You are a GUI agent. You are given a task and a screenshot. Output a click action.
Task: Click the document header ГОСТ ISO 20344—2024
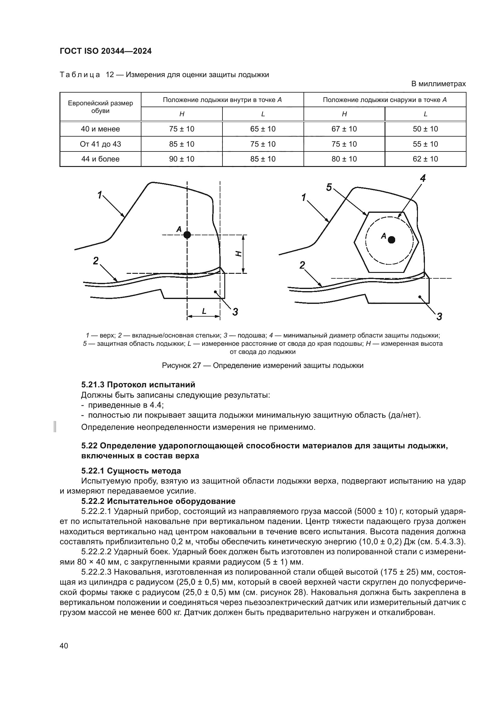pos(106,51)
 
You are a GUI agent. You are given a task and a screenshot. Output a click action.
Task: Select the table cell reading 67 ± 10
pos(344,129)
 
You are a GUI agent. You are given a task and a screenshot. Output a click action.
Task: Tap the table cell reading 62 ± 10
pos(425,159)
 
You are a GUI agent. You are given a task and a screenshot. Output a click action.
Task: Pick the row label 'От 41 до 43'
pos(100,144)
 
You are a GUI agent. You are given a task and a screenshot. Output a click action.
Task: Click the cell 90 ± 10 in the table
pos(182,159)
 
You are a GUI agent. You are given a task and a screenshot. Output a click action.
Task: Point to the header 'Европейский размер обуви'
pos(100,107)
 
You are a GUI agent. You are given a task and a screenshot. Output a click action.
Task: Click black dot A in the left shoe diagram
pos(187,235)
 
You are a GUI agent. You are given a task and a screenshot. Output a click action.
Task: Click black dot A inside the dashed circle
pos(392,240)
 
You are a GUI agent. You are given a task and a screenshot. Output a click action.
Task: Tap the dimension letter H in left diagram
pos(238,254)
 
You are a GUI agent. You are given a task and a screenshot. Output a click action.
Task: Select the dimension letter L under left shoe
pos(204,311)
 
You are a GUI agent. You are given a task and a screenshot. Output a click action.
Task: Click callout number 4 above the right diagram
pos(422,178)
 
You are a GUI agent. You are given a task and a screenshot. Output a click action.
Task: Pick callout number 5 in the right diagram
pos(329,187)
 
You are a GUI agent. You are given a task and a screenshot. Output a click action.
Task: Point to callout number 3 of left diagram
pos(235,312)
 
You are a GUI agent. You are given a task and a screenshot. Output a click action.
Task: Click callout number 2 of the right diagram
pos(302,265)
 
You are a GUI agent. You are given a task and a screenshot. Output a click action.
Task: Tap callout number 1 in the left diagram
pos(100,195)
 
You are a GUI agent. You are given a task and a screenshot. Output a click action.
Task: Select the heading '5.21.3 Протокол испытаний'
pos(138,385)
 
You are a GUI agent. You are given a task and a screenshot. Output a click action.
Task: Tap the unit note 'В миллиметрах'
pos(438,84)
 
